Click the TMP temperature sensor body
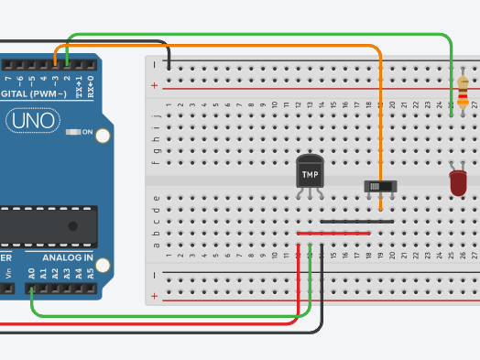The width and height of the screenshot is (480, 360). click(x=311, y=173)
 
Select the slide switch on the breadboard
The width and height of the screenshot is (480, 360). click(x=380, y=186)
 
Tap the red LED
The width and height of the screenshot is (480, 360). click(x=458, y=181)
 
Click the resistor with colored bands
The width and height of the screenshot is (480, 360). click(x=462, y=93)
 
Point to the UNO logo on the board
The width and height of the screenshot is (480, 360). click(x=32, y=120)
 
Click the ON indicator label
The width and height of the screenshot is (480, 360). click(x=88, y=133)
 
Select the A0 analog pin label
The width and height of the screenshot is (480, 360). click(x=31, y=272)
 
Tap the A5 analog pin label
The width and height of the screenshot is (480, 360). click(x=90, y=272)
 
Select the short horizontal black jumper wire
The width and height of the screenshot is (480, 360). click(x=357, y=221)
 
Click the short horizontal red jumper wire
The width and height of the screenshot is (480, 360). click(x=333, y=233)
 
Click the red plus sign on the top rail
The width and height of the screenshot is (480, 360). click(x=154, y=86)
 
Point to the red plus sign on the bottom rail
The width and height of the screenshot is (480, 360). click(x=154, y=295)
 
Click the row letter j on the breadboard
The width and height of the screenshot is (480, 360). click(x=156, y=104)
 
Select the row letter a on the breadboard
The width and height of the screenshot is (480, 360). click(x=156, y=245)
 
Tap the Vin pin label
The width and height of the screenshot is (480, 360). click(x=8, y=272)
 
